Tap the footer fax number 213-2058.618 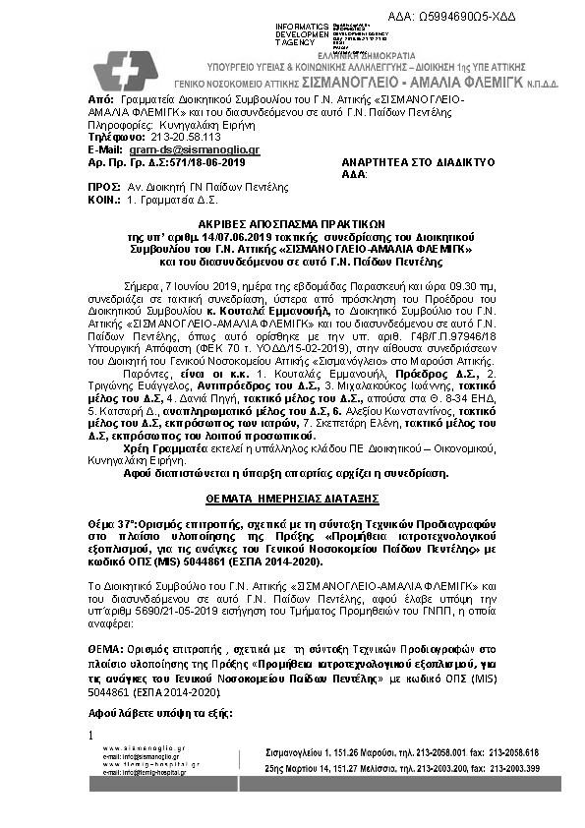click(x=505, y=752)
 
